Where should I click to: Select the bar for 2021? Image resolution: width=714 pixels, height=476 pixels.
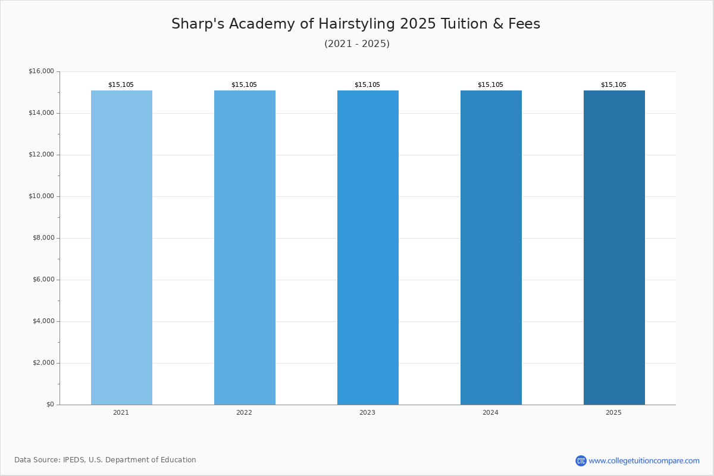(x=121, y=248)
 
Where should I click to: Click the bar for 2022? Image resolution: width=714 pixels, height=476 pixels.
(x=245, y=248)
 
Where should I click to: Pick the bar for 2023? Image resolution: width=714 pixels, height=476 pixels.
(x=368, y=248)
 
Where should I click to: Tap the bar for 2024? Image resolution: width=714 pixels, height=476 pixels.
(x=491, y=248)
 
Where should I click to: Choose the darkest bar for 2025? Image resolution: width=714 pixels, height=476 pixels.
(x=614, y=248)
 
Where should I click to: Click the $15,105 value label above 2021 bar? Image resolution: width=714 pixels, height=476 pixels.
(x=121, y=85)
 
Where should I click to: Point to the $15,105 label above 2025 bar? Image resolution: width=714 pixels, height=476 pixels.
(x=613, y=85)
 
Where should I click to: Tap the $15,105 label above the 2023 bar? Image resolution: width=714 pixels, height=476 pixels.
(x=367, y=85)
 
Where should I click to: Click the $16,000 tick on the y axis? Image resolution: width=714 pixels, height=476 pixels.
(x=42, y=71)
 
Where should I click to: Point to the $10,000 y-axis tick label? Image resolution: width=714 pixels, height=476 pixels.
(x=42, y=196)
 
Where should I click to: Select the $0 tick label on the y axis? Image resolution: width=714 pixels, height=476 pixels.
(x=51, y=404)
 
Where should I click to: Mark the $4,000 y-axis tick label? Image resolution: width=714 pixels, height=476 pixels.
(x=43, y=321)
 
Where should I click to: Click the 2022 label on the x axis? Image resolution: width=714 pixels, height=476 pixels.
(x=244, y=412)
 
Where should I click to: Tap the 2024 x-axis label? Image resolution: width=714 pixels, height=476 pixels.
(x=490, y=412)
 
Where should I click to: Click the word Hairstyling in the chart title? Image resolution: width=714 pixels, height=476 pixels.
(x=356, y=24)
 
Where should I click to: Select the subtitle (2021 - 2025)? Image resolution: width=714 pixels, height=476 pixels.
(x=357, y=43)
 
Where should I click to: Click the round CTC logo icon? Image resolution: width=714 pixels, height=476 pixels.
(x=581, y=461)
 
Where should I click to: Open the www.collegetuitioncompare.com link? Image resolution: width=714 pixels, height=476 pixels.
(x=644, y=461)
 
